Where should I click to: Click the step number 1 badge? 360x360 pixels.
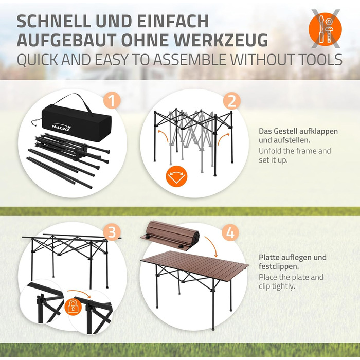(x=112, y=101)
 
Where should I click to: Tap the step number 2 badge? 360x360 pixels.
(x=231, y=101)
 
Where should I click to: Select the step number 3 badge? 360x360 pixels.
(x=112, y=232)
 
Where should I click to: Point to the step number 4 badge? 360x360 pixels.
(x=230, y=233)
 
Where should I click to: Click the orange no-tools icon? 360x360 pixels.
(x=325, y=29)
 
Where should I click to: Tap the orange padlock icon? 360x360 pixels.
(x=73, y=306)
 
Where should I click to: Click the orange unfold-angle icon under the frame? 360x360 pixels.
(x=176, y=176)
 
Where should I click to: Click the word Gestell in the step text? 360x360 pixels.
(x=285, y=131)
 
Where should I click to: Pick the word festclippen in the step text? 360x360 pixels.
(x=279, y=266)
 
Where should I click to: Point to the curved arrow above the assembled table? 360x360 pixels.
(x=211, y=246)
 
